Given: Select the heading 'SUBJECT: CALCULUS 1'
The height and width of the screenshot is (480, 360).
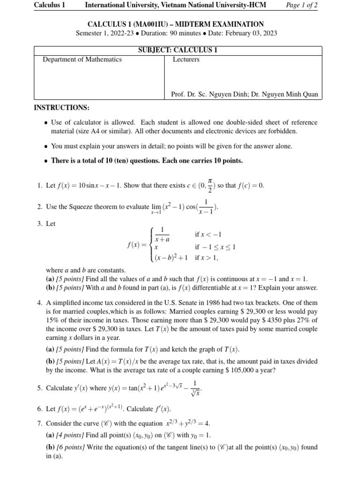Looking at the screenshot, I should (x=178, y=50).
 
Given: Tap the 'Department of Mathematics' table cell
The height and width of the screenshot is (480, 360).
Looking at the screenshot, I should (x=82, y=60).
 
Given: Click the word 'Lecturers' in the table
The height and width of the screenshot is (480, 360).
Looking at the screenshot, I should (x=186, y=60).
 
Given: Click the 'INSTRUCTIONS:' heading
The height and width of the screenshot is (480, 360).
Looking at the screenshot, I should (x=61, y=108).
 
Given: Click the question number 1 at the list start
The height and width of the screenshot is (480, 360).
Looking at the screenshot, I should (x=39, y=186).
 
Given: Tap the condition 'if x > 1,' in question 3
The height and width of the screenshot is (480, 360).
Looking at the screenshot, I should (x=207, y=257).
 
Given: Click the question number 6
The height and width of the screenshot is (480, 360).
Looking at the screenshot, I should (x=39, y=409).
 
